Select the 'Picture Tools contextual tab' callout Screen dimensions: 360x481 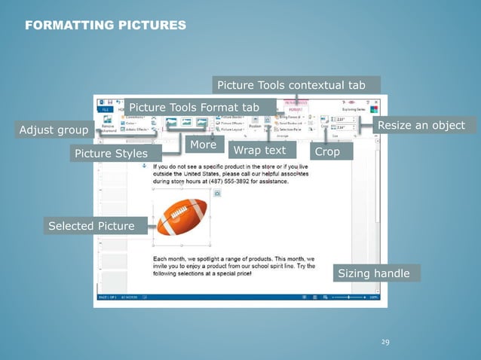(296, 84)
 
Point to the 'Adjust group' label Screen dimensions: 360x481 (54, 130)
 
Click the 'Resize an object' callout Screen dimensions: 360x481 (421, 124)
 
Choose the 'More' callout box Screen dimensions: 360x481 (203, 144)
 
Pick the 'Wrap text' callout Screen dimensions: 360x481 (259, 151)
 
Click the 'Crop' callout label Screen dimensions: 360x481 (327, 151)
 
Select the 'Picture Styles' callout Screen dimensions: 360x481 (111, 154)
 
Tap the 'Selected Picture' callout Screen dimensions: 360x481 (91, 226)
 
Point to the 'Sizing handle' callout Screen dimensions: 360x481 (373, 273)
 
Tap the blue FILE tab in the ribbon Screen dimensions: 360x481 (105, 109)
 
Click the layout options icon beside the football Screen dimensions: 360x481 (217, 194)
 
